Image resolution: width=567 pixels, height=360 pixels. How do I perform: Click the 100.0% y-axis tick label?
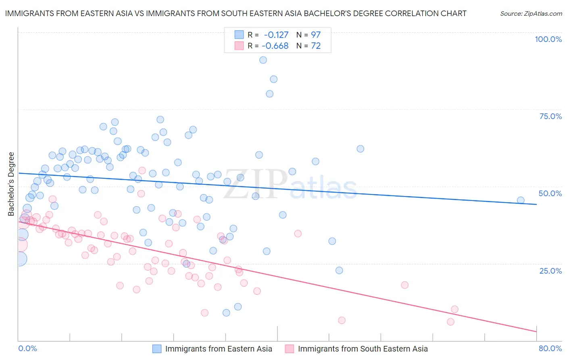coord(548,39)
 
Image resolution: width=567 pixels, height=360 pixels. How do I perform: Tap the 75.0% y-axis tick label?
coord(550,116)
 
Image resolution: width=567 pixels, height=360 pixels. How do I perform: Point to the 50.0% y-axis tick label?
coord(550,193)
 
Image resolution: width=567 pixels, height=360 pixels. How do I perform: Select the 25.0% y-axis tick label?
coord(550,270)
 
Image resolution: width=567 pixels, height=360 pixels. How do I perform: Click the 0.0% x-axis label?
coord(27,348)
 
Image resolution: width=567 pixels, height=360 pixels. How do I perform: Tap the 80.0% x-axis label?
coord(550,348)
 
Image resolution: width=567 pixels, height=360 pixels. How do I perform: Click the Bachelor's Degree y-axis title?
coord(11,184)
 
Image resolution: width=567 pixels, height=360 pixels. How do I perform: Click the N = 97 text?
coord(309,35)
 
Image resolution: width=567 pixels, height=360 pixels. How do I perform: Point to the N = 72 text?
coord(309,46)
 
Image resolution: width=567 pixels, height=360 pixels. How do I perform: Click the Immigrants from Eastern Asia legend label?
coord(219,349)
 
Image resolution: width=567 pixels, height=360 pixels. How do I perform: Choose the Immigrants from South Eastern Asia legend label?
coord(363,349)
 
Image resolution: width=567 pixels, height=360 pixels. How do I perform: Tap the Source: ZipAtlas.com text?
coord(531,14)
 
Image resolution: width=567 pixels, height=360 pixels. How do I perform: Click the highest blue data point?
coord(263,60)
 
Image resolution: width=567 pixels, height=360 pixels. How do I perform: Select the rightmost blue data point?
coord(521,200)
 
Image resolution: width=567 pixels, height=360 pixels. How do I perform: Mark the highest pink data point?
coord(142,170)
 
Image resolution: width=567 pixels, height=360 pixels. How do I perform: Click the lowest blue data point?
coord(226,313)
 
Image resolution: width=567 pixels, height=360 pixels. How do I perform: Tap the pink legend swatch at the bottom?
coord(289,349)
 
